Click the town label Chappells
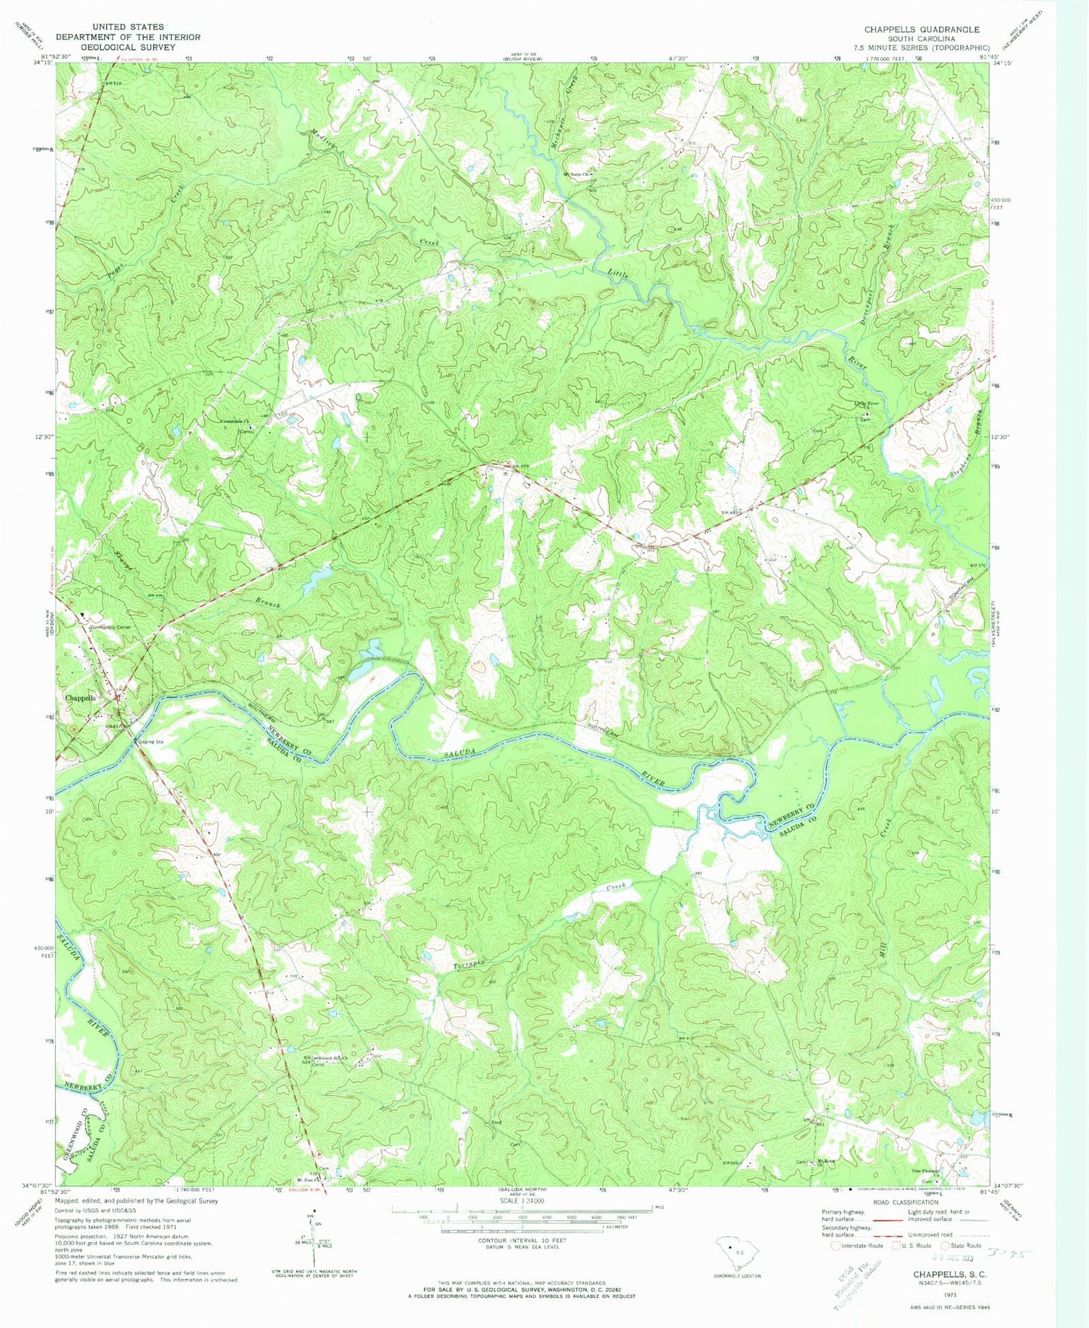[x=81, y=698]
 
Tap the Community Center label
[x=110, y=627]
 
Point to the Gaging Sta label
[x=149, y=742]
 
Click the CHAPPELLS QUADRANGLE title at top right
[x=922, y=29]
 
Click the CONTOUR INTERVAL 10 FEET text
[x=513, y=1239]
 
